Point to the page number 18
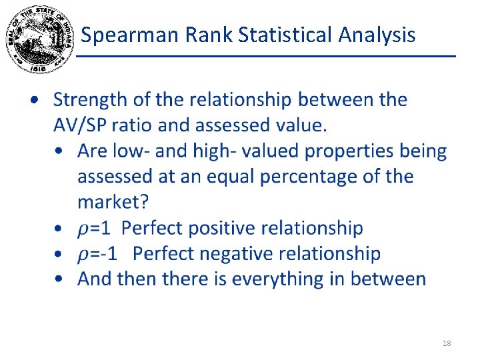(447, 343)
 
